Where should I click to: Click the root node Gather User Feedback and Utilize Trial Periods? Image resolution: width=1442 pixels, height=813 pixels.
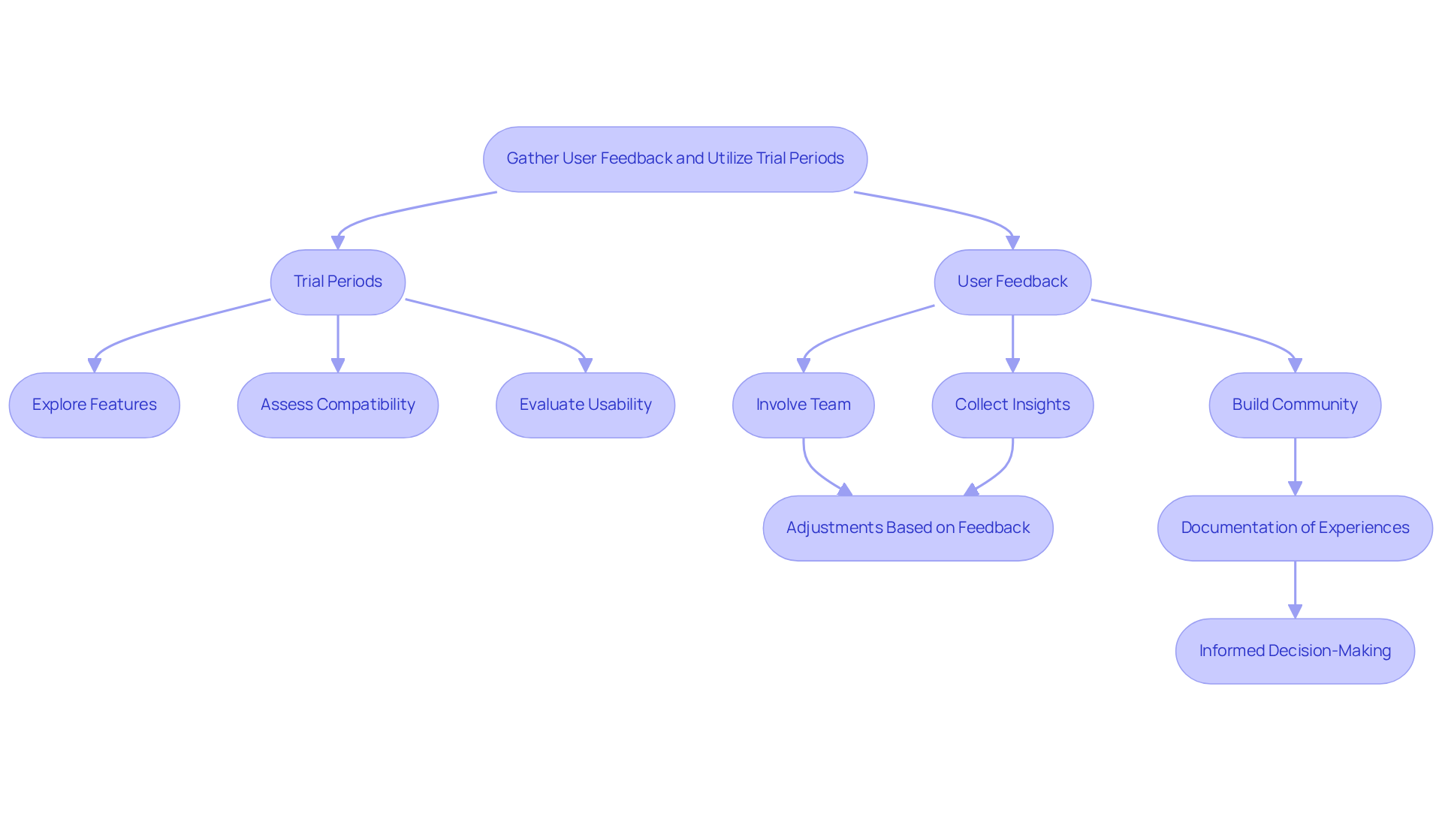point(675,159)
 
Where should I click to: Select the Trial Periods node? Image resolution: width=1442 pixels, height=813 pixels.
point(337,282)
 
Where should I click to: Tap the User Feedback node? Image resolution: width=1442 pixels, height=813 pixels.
point(1012,282)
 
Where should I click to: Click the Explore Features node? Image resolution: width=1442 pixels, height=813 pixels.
point(94,405)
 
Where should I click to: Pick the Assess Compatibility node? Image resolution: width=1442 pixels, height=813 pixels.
point(337,405)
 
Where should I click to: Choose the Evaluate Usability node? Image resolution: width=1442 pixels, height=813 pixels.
point(585,405)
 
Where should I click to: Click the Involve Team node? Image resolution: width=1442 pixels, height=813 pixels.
point(803,405)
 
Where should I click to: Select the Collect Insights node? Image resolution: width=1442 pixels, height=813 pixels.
point(1012,405)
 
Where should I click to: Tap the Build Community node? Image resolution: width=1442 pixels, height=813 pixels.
point(1294,405)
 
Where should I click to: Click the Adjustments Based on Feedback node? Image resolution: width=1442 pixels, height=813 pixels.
point(907,528)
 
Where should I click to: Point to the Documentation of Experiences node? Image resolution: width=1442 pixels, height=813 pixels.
point(1294,528)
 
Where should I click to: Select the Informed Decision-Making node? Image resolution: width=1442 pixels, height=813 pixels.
point(1294,651)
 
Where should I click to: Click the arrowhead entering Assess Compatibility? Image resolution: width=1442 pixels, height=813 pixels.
point(338,366)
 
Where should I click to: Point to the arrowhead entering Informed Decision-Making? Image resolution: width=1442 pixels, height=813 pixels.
point(1295,611)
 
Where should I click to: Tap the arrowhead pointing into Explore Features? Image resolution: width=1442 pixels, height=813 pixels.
point(95,366)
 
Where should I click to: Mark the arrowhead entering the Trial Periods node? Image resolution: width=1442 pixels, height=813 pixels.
point(338,242)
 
